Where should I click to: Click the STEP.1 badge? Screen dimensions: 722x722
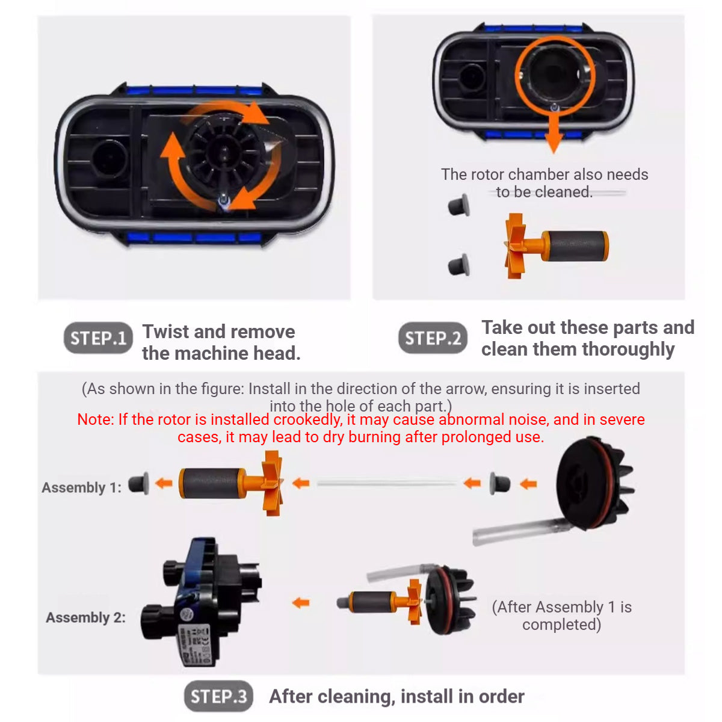click(98, 338)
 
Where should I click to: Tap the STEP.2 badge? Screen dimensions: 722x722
click(433, 338)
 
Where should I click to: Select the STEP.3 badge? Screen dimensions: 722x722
click(218, 696)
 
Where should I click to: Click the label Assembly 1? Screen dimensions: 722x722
click(81, 487)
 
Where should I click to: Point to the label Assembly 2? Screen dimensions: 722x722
click(85, 617)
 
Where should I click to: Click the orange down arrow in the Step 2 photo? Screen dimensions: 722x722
click(554, 135)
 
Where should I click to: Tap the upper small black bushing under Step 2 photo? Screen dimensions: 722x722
click(459, 205)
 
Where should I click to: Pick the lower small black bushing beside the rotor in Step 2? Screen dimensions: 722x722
click(460, 264)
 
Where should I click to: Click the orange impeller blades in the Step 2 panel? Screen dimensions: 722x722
click(515, 245)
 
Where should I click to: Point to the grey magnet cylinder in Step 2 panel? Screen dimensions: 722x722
click(576, 245)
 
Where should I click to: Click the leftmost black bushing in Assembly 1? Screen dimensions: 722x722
click(139, 483)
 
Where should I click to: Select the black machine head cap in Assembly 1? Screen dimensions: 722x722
click(593, 481)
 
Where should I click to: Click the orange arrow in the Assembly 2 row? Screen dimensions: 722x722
click(301, 602)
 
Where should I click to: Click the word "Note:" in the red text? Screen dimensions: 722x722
click(96, 419)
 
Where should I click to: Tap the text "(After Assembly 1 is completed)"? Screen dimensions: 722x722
click(561, 616)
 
